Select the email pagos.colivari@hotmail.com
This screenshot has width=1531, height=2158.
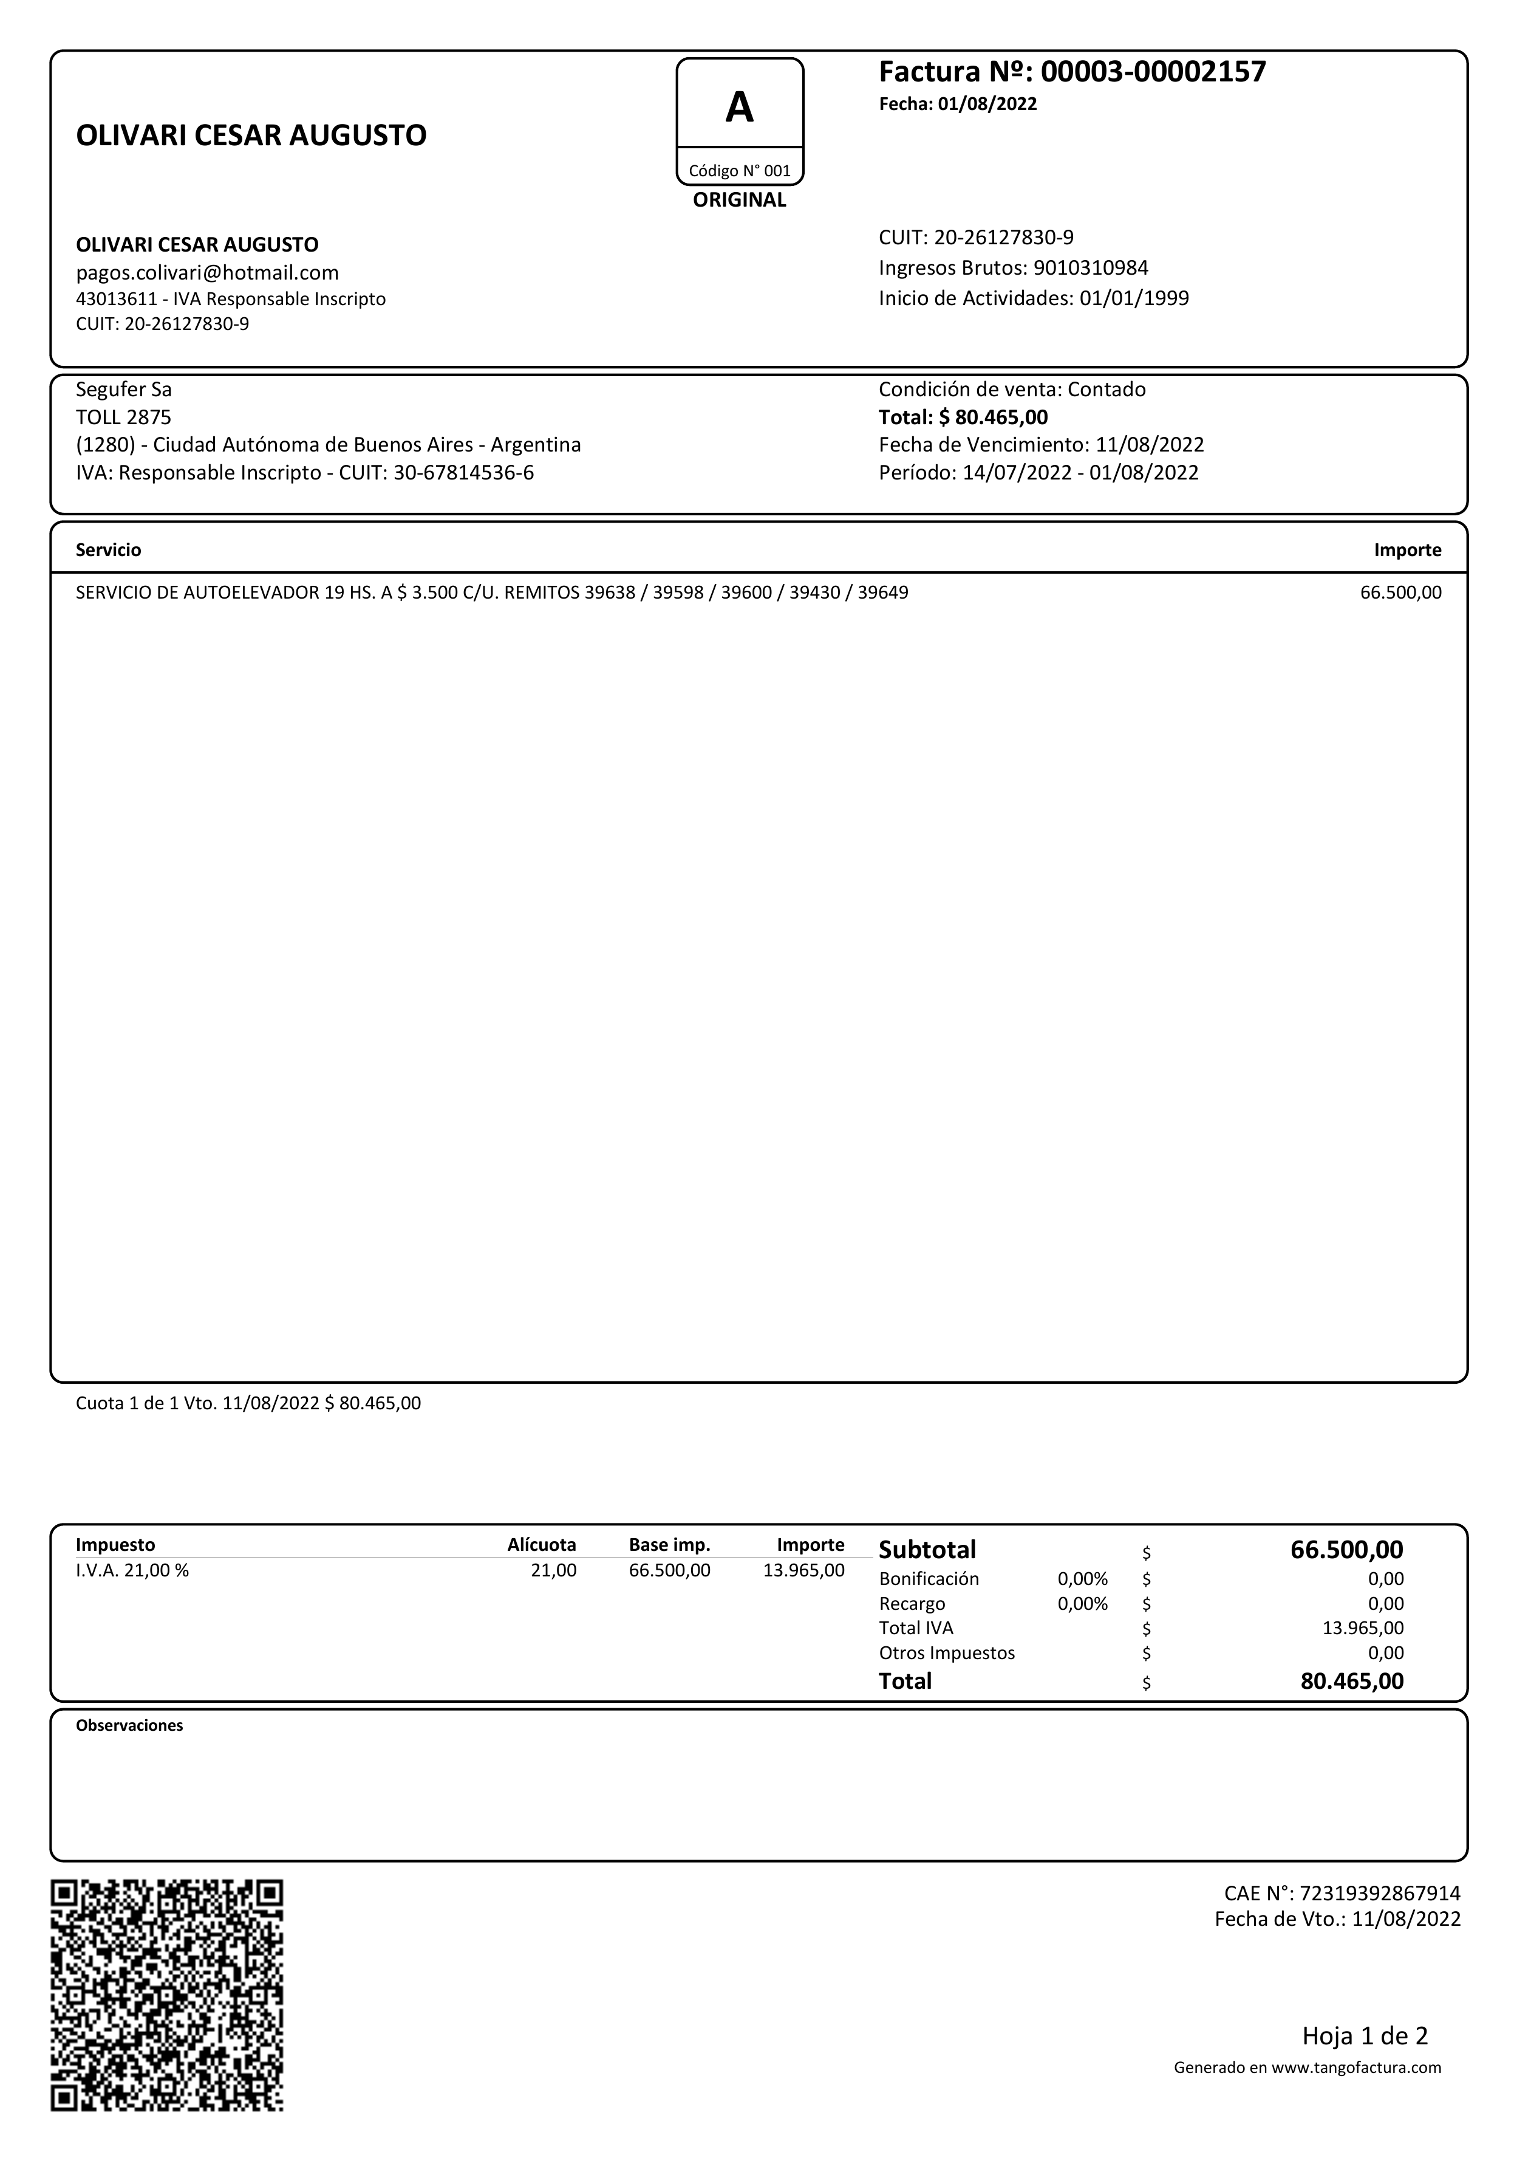click(x=208, y=273)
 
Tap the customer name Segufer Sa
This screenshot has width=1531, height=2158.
click(x=123, y=390)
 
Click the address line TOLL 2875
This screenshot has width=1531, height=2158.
click(x=123, y=417)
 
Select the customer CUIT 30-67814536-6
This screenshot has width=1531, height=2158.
click(x=463, y=473)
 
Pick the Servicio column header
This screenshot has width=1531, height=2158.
click(x=109, y=550)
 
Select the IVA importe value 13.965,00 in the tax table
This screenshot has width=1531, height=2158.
click(x=803, y=1570)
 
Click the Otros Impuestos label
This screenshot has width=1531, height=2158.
click(x=947, y=1652)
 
